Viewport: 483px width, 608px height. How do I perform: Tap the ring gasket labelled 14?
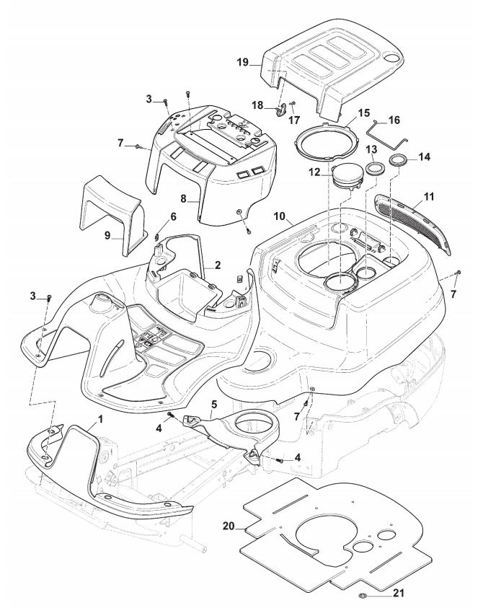(x=397, y=159)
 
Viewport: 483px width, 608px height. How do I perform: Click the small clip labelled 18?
(x=281, y=110)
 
